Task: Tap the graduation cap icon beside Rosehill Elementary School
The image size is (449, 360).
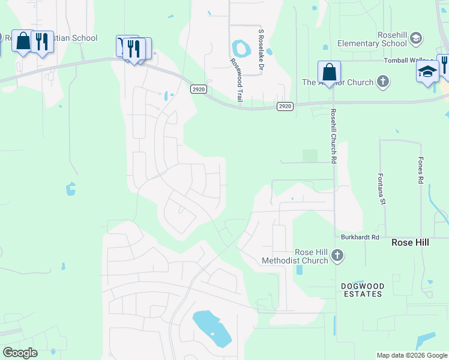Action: [415, 40]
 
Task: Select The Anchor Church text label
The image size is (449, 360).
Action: [337, 82]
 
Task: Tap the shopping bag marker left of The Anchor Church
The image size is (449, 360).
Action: [329, 73]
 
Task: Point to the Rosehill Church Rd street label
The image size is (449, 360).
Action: [333, 136]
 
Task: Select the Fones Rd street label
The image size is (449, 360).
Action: [421, 171]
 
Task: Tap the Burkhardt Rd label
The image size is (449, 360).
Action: [361, 238]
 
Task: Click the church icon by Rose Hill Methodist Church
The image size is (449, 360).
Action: [337, 256]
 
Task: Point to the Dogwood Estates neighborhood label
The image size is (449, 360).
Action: [361, 290]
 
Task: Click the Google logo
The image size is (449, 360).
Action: [20, 353]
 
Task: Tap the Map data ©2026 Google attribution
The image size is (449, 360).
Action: [411, 355]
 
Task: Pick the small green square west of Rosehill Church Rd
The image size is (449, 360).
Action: [310, 155]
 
